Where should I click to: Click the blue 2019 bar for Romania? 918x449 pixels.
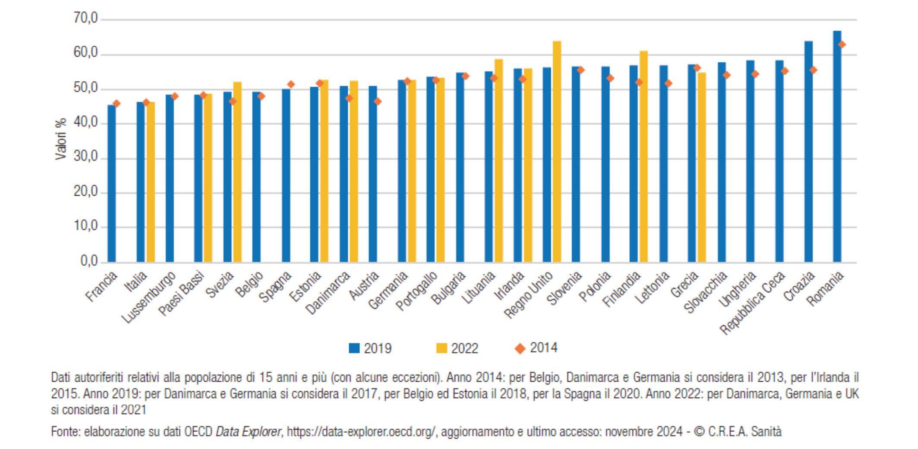click(837, 147)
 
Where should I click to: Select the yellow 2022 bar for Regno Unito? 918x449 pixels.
click(557, 151)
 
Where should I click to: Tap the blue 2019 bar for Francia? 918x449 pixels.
click(111, 183)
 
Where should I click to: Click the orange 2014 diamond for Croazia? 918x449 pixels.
click(813, 70)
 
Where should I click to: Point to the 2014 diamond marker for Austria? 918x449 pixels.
click(377, 101)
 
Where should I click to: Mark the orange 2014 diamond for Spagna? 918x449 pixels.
click(291, 85)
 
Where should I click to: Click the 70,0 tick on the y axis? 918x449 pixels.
click(86, 19)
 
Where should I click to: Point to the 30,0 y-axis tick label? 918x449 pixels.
click(86, 158)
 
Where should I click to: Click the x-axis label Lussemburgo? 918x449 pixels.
click(149, 298)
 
